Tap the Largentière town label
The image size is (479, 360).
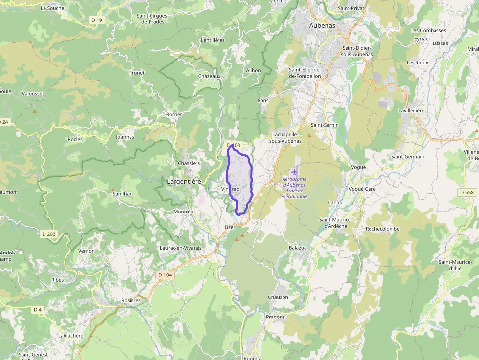[x=184, y=181]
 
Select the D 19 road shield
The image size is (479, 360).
[x=97, y=20]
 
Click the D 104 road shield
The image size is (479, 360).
[x=165, y=275]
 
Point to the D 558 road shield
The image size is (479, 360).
[x=467, y=192]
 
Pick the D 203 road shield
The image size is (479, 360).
[x=49, y=234]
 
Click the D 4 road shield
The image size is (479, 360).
[x=38, y=310]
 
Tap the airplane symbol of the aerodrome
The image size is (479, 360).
[x=294, y=172]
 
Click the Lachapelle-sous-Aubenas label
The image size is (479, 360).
[x=287, y=137]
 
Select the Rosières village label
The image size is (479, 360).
[x=131, y=300]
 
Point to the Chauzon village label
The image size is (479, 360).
[x=278, y=297]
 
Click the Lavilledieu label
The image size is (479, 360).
[x=413, y=111]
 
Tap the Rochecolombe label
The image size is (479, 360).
[x=383, y=229]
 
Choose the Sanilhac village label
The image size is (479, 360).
[x=122, y=194]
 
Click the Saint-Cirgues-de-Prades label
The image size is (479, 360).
[x=152, y=19]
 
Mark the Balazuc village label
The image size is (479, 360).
[x=298, y=248]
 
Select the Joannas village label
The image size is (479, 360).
[x=125, y=137]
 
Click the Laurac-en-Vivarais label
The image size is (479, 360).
[x=181, y=248]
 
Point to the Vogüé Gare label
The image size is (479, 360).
[x=362, y=189]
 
